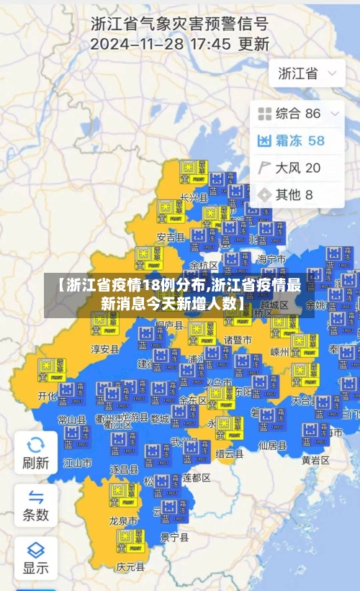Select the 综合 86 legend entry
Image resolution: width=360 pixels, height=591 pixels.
click(289, 113)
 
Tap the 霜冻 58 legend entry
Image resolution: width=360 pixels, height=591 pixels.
click(292, 140)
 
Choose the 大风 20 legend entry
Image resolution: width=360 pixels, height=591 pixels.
click(289, 168)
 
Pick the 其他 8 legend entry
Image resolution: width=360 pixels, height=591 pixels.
click(286, 194)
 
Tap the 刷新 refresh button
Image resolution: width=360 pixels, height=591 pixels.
click(35, 451)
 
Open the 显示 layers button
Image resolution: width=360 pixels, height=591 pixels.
click(35, 557)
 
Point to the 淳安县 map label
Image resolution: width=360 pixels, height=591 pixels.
click(104, 349)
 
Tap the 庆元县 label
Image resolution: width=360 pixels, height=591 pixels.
click(130, 566)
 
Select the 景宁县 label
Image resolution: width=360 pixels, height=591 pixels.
click(174, 537)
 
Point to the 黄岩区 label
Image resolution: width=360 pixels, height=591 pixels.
click(315, 459)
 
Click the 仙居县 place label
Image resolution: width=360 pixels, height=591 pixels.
click(272, 446)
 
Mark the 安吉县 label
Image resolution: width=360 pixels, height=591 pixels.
click(171, 237)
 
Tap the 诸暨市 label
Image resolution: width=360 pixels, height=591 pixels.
click(238, 339)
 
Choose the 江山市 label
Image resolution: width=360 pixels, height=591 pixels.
click(77, 462)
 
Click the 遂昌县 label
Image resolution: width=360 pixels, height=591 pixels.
click(124, 469)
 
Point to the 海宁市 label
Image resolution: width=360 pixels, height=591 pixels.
click(271, 259)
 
